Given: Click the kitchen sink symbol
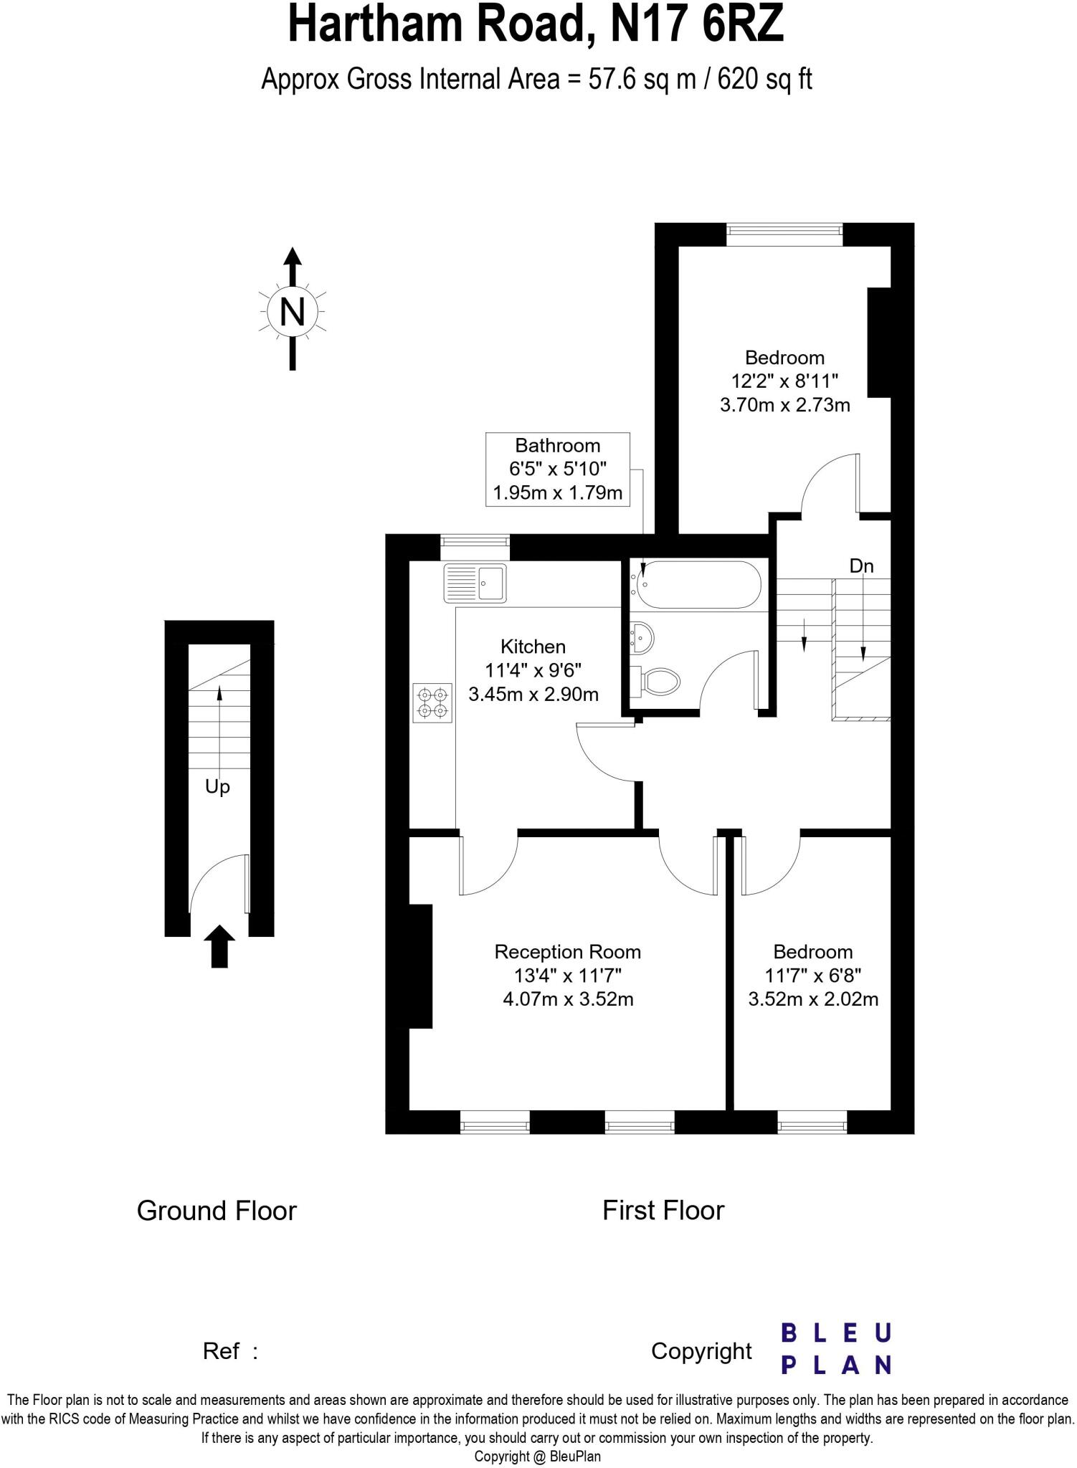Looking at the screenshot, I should [475, 583].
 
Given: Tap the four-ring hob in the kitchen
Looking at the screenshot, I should [432, 702].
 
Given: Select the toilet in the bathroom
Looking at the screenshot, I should [655, 681].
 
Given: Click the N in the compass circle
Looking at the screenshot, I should [292, 312].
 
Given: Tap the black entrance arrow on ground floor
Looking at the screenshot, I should [219, 945].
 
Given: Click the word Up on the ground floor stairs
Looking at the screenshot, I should [217, 787].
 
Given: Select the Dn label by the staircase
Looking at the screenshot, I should [861, 566].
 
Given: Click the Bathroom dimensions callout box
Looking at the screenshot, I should [557, 470].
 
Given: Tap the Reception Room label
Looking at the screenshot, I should [567, 952].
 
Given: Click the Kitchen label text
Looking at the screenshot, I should [533, 647].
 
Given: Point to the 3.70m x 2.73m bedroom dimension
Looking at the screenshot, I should [784, 405].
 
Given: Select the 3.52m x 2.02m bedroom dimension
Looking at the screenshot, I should [813, 999].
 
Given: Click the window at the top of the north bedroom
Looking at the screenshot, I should [784, 229].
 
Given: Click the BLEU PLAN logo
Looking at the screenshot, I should [835, 1348].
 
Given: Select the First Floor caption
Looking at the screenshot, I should [663, 1211].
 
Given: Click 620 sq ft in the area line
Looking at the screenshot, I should [764, 79].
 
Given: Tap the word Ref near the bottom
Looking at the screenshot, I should [221, 1351].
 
